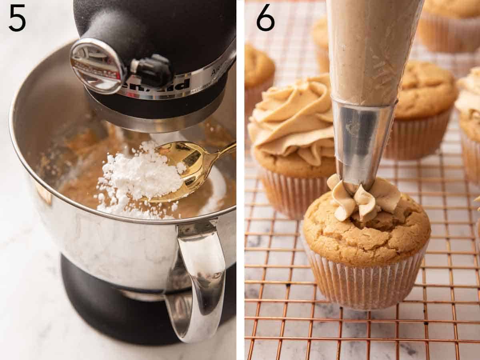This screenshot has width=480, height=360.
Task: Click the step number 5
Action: [17, 18]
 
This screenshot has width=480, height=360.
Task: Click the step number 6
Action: [265, 18]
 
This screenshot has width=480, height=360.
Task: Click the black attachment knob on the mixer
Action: [154, 70]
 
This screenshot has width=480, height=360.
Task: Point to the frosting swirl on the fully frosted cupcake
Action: [294, 120]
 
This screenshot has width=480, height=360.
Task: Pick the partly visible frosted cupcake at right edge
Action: [470, 120]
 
